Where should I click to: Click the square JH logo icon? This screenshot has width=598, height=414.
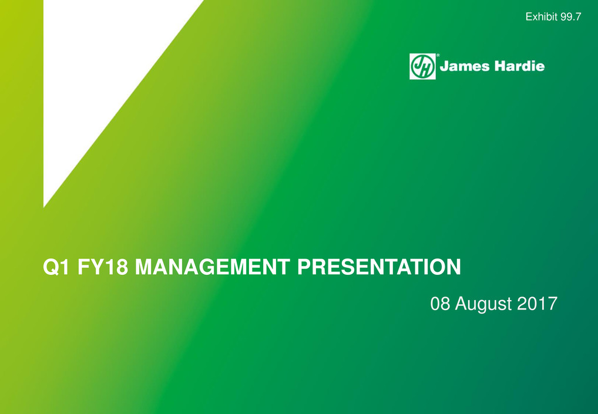pyautogui.click(x=422, y=66)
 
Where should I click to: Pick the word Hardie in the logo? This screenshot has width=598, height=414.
pyautogui.click(x=519, y=66)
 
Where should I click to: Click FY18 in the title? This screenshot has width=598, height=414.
pyautogui.click(x=103, y=267)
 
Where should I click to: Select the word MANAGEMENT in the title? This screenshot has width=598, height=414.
pyautogui.click(x=213, y=267)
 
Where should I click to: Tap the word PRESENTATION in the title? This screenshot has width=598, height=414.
pyautogui.click(x=379, y=267)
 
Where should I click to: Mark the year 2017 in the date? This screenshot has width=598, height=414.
pyautogui.click(x=537, y=304)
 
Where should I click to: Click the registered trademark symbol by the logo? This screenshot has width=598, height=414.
pyautogui.click(x=438, y=55)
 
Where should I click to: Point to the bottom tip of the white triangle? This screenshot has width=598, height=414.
pyautogui.click(x=44, y=207)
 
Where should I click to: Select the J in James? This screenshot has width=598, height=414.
pyautogui.click(x=444, y=66)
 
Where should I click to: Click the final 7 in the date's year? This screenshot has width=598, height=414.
pyautogui.click(x=553, y=304)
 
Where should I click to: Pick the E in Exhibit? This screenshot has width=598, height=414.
pyautogui.click(x=529, y=17)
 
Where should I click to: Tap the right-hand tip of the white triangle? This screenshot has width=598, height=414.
pyautogui.click(x=203, y=1)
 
